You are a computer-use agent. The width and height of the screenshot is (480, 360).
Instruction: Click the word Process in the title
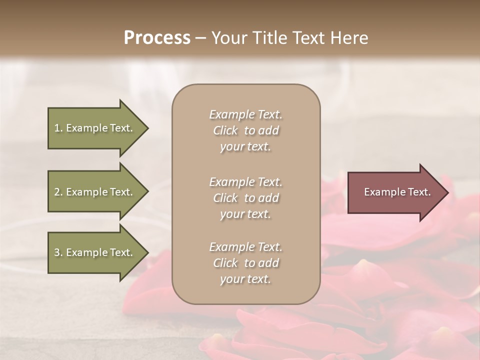[157, 38]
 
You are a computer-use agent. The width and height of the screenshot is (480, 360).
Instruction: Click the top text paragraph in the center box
[245, 130]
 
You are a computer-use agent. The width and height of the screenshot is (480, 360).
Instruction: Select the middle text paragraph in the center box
[245, 198]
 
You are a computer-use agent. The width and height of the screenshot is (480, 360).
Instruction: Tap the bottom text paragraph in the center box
[245, 263]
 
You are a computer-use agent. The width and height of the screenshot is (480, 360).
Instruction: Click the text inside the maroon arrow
[397, 192]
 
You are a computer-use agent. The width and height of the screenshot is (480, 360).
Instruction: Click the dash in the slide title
[200, 38]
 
